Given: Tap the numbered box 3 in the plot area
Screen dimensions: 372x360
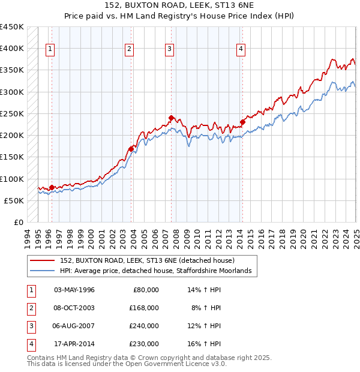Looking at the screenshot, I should pyautogui.click(x=170, y=50).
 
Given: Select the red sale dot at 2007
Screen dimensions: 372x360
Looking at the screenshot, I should pyautogui.click(x=171, y=118).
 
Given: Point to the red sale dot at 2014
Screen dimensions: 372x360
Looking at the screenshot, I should pyautogui.click(x=242, y=122).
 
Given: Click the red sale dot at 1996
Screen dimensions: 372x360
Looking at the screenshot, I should pyautogui.click(x=52, y=187).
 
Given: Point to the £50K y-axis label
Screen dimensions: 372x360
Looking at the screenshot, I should pyautogui.click(x=14, y=200).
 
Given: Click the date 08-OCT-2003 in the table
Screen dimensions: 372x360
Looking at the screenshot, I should pyautogui.click(x=74, y=308).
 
